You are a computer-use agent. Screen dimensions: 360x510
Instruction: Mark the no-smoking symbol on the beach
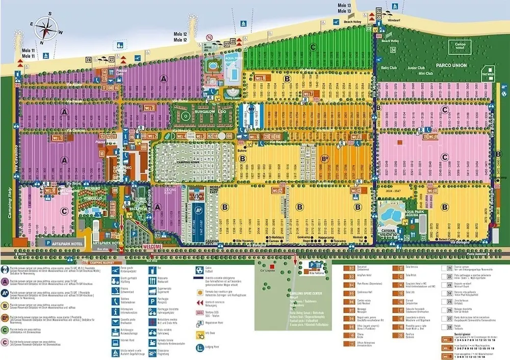coord(209,37)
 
